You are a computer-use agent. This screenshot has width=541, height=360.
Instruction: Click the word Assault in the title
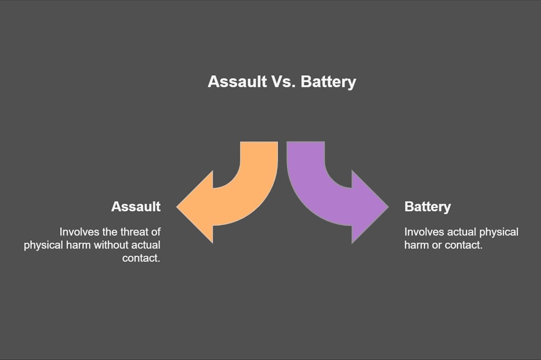pos(237,82)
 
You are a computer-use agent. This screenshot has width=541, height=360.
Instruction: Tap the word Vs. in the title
pos(283,82)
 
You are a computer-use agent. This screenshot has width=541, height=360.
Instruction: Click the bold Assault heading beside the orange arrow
pos(136,206)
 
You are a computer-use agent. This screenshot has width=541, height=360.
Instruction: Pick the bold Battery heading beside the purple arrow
pos(427,207)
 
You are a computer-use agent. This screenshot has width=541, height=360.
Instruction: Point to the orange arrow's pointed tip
pos(177,207)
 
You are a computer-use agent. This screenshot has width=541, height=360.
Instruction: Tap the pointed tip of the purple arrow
pos(388,207)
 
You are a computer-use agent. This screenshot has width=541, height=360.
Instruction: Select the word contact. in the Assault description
pos(141,258)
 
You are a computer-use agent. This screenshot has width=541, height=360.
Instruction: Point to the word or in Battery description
pos(436,246)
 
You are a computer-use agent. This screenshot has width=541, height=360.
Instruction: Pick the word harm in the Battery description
pos(417,245)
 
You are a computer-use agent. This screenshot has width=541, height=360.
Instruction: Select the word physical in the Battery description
pos(499,232)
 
